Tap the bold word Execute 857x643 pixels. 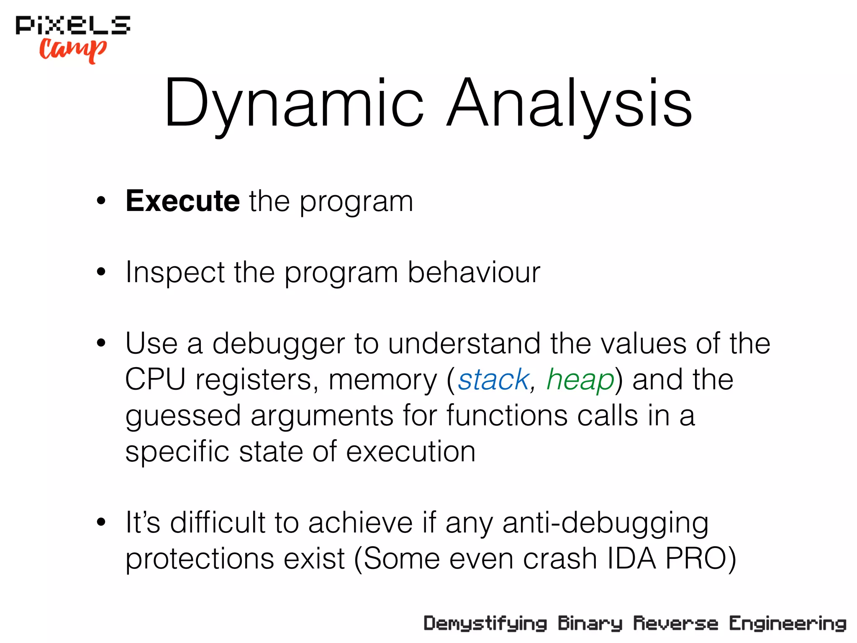[x=183, y=201]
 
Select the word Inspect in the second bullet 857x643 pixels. [x=175, y=273]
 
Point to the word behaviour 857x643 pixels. [x=474, y=273]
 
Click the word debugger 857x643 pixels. [x=279, y=344]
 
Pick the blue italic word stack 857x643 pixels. [x=493, y=380]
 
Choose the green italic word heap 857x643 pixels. [x=580, y=380]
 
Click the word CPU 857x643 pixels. [x=155, y=380]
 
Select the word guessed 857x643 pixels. [x=183, y=416]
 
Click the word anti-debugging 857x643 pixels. [x=606, y=523]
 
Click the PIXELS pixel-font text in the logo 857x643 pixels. [x=73, y=25]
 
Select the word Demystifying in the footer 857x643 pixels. [x=485, y=624]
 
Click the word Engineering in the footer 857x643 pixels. [x=788, y=624]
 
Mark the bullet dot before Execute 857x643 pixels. [x=101, y=201]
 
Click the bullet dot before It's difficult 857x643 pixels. [x=101, y=522]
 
